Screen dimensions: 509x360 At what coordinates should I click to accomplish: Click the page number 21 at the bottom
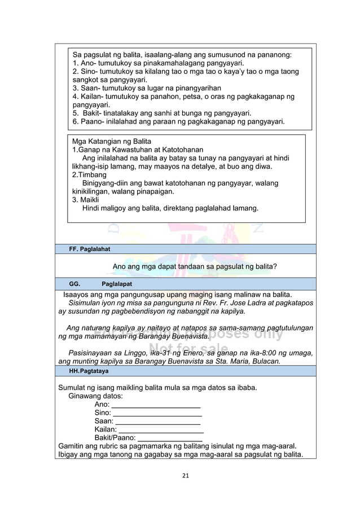(185, 475)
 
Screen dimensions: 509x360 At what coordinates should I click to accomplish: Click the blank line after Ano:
(156, 405)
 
